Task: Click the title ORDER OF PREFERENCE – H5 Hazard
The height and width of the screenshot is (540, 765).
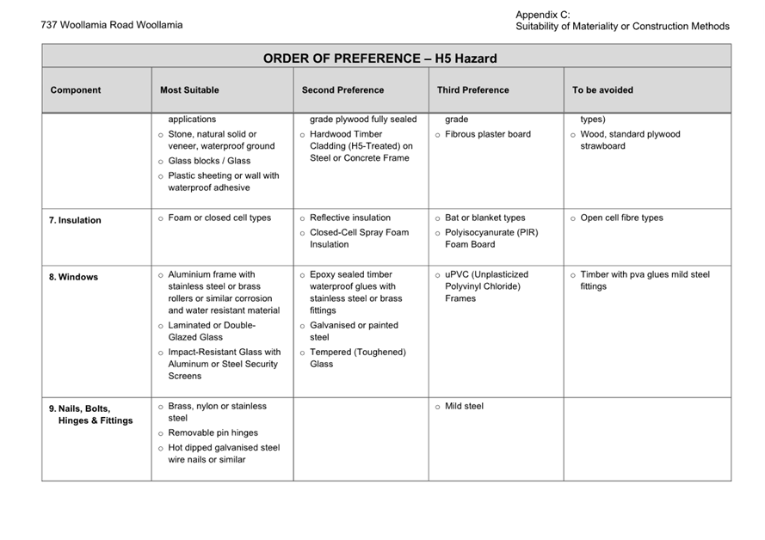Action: [x=379, y=58]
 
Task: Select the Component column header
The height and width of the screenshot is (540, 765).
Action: [x=76, y=90]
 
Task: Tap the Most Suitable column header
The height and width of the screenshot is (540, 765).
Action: [x=189, y=90]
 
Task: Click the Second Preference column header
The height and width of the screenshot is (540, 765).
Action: [x=342, y=90]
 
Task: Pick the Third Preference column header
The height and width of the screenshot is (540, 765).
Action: [x=472, y=90]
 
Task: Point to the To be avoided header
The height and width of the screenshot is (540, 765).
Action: [x=602, y=90]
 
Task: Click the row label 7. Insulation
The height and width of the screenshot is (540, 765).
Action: [x=75, y=220]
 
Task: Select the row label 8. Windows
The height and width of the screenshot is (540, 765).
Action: [x=73, y=277]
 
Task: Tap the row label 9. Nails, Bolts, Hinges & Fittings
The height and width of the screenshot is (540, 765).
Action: [x=90, y=414]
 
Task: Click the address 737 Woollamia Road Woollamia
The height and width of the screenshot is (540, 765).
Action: [x=112, y=25]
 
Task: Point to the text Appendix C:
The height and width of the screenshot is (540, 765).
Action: [x=542, y=15]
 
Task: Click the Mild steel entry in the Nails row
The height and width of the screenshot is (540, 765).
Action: [x=464, y=406]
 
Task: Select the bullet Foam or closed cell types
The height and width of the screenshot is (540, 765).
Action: [x=219, y=218]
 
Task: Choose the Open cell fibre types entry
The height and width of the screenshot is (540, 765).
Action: [x=621, y=218]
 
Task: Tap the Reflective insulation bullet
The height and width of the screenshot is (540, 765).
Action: [x=349, y=218]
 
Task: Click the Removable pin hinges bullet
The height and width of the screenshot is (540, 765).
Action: [x=213, y=433]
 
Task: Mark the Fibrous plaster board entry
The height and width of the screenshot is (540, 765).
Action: [x=488, y=134]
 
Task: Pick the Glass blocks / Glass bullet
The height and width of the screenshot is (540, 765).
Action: [x=209, y=161]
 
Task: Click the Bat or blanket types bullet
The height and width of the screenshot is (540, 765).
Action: [x=484, y=218]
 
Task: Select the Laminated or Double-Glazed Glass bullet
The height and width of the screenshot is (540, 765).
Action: [x=211, y=331]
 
